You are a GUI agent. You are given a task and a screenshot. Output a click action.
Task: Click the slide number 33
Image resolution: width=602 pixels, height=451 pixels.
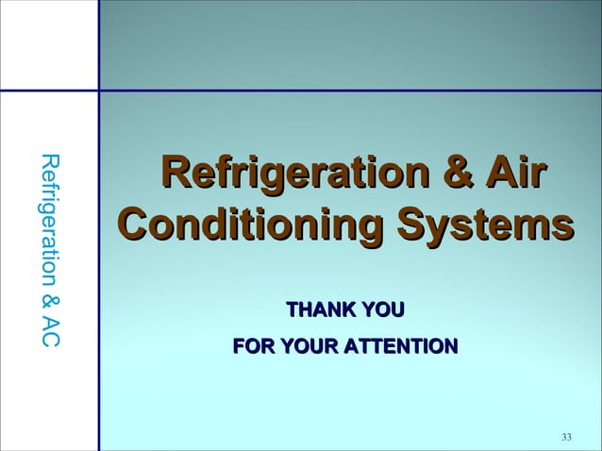pos(566,436)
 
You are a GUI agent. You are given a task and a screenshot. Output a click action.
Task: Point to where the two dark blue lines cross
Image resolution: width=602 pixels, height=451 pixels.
pos(98,91)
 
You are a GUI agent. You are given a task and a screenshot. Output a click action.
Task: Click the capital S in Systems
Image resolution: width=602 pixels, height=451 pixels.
pos(410,226)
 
